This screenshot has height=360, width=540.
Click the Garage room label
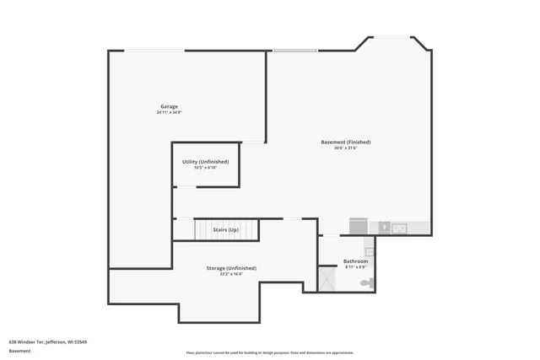tap(169, 106)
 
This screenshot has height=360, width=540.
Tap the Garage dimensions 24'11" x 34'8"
tap(169, 112)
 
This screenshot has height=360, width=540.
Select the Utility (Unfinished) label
tap(206, 161)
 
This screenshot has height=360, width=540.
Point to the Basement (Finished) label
tap(346, 142)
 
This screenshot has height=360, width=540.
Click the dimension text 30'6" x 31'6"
tap(346, 148)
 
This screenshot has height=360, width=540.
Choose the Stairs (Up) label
tap(225, 229)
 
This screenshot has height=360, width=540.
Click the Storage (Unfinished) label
tap(231, 268)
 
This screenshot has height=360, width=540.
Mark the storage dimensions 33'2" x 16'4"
tap(231, 274)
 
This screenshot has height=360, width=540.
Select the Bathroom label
tap(355, 261)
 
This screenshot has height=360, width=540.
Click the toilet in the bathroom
tap(364, 283)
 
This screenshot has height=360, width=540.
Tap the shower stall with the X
tap(327, 278)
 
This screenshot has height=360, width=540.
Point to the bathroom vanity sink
tap(369, 251)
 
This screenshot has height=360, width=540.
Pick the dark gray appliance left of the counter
tap(359, 227)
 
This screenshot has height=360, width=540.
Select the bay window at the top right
tap(393, 38)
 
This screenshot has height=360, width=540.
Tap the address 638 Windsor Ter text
tap(48, 341)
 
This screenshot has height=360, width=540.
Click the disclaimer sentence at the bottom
tap(270, 352)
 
